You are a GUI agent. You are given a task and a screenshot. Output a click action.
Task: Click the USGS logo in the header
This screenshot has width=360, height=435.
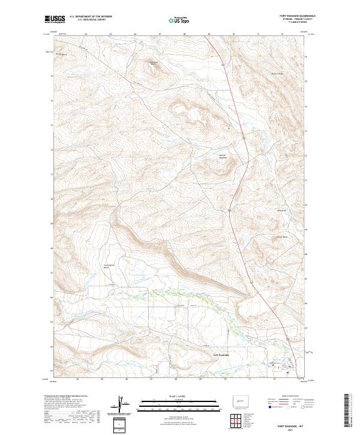(55, 19)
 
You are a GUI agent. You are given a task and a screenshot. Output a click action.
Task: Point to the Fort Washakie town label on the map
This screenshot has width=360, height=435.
(222, 354)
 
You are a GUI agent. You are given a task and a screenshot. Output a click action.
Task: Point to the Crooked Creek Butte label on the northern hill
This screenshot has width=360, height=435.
(153, 63)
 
